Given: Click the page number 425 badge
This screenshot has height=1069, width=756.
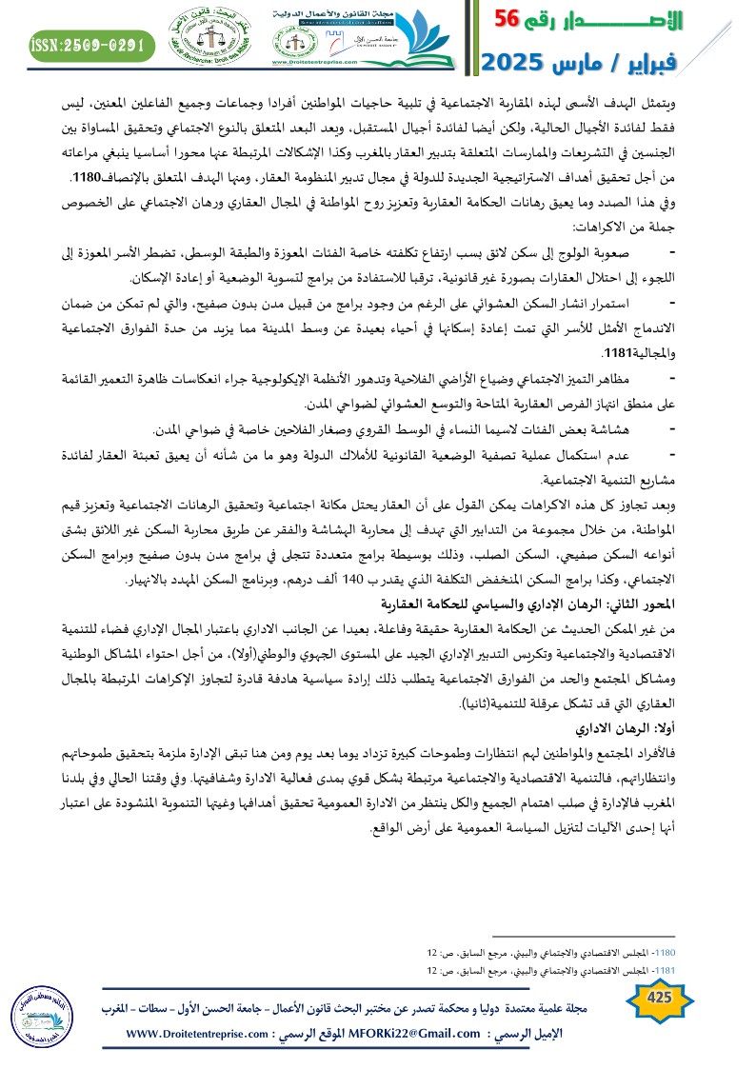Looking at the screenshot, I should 658,998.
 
